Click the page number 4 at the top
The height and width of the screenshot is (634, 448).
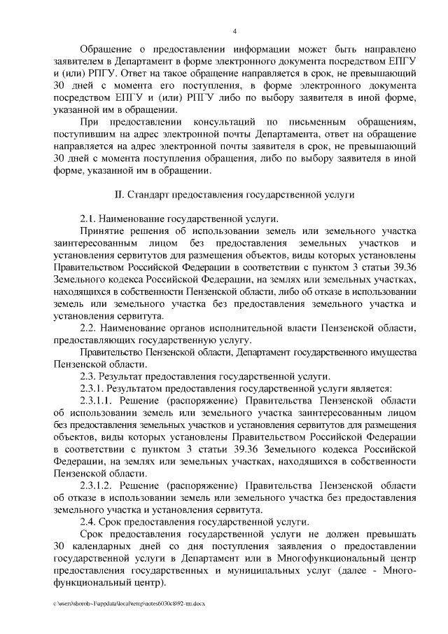(x=234, y=31)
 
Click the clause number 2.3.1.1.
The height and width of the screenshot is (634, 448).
(x=97, y=399)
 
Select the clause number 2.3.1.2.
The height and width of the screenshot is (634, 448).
(x=97, y=485)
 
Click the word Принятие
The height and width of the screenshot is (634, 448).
(x=102, y=230)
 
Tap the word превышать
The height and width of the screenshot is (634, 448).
(x=391, y=533)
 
